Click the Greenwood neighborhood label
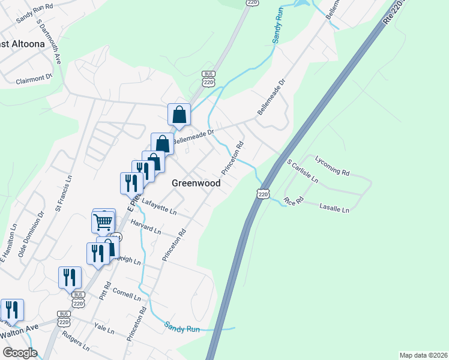[x=196, y=183]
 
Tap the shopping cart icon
[x=103, y=221]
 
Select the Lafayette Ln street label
[x=159, y=208]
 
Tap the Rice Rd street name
[x=294, y=200]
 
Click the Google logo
[x=20, y=353]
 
